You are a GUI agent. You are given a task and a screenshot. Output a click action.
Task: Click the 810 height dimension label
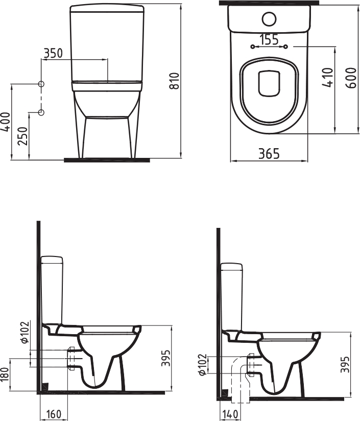tap(175, 81)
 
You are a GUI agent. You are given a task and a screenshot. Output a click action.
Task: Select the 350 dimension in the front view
tap(53, 54)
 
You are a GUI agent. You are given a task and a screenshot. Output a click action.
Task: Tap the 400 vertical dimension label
tap(6, 122)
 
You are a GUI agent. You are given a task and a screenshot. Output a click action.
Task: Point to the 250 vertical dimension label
tap(23, 136)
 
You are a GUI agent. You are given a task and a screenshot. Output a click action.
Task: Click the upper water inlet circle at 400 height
tap(41, 84)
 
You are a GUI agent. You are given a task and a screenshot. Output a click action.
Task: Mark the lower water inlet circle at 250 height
tap(41, 112)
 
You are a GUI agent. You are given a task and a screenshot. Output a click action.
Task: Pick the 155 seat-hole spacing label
tap(269, 40)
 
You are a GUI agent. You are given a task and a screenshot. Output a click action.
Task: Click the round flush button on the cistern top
tap(269, 19)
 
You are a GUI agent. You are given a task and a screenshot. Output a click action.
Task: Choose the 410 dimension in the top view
tap(328, 78)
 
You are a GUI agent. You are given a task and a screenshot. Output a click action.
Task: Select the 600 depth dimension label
tap(351, 78)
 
